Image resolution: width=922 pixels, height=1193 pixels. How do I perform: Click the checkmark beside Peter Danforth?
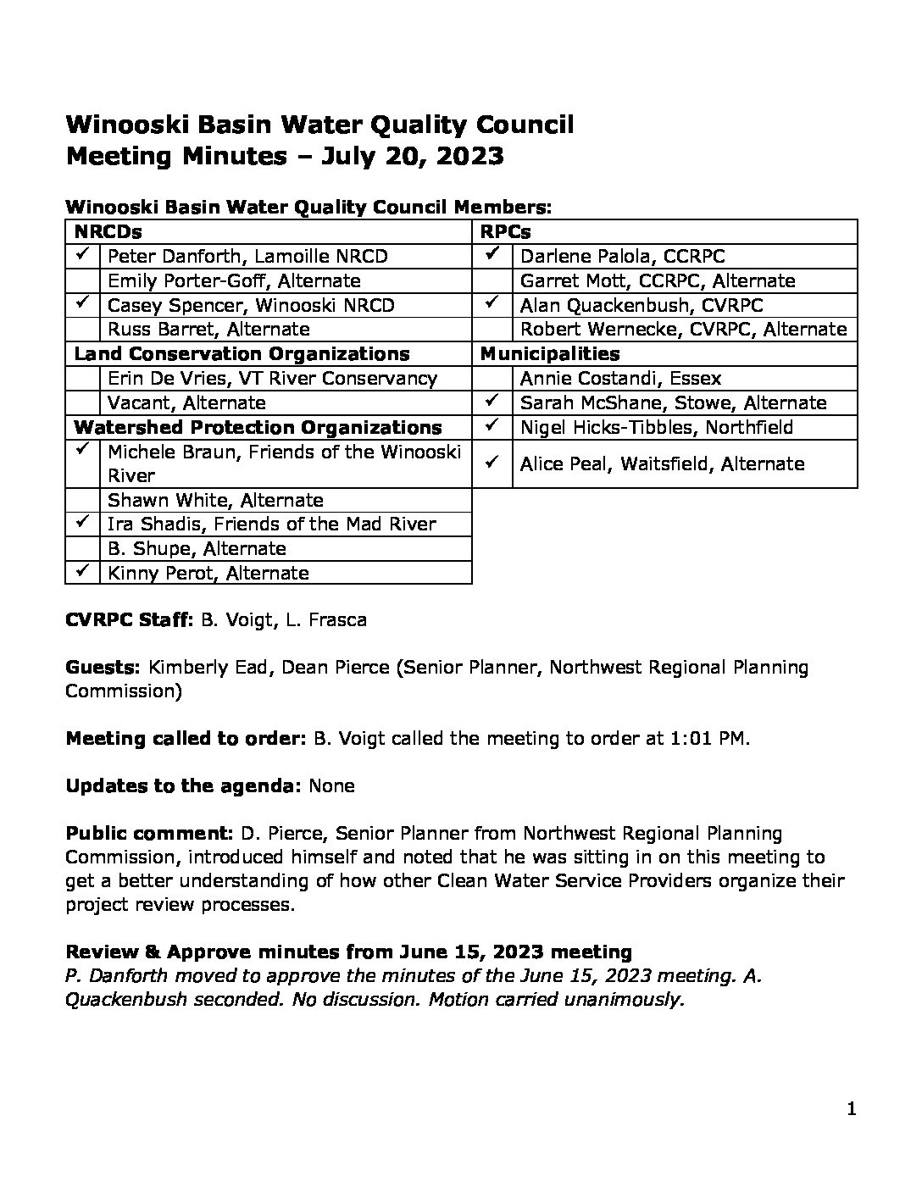click(82, 254)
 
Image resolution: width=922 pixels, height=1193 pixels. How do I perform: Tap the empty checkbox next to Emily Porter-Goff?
click(82, 280)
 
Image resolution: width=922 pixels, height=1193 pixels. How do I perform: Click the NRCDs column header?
click(108, 231)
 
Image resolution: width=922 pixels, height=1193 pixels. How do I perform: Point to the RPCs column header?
click(506, 231)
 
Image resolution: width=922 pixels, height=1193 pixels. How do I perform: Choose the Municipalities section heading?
click(550, 353)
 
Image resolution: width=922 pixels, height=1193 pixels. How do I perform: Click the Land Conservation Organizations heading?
click(242, 353)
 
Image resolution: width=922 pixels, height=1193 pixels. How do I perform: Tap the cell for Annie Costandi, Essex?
click(621, 378)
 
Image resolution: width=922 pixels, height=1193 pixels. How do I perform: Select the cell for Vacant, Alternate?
click(186, 402)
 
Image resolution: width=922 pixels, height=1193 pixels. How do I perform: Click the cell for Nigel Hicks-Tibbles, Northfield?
click(657, 427)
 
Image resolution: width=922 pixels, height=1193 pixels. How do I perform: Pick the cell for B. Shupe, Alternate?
click(197, 548)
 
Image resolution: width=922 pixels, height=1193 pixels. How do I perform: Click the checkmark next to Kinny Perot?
click(82, 572)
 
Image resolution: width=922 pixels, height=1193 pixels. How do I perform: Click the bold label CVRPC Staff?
click(130, 619)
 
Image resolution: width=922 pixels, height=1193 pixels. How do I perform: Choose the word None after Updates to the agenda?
click(331, 785)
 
